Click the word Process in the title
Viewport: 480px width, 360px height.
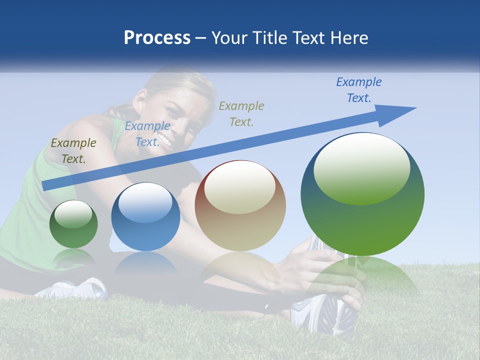coord(157,38)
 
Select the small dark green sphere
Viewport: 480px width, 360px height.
coord(73,224)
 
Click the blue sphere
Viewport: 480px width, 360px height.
coord(145,217)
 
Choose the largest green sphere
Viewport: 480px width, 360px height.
coord(362,195)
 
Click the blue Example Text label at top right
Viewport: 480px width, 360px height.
coord(358,90)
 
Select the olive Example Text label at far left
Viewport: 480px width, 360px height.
coord(73,151)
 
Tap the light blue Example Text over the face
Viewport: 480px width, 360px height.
coord(147,134)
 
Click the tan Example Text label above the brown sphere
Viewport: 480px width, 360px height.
coord(241,113)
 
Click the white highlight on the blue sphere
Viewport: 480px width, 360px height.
coord(145,202)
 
